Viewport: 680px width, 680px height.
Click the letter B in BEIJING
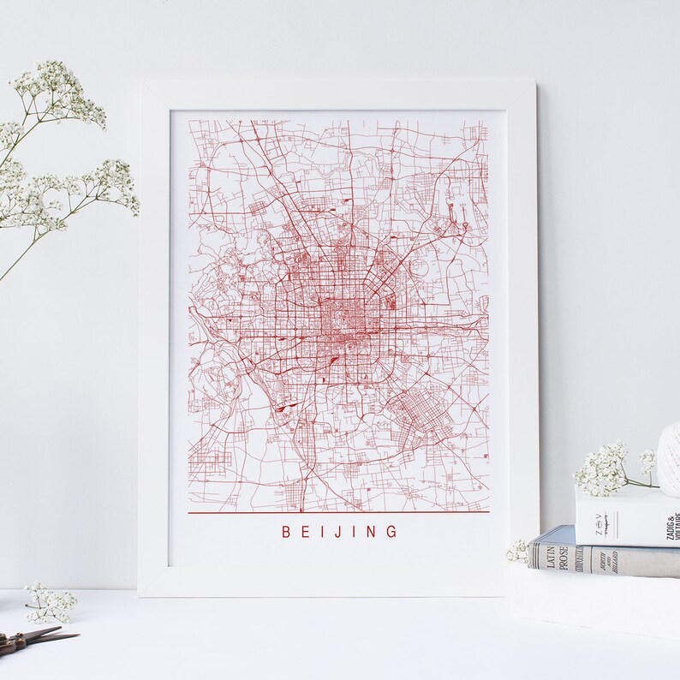(286, 532)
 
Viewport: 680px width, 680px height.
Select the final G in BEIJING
(392, 532)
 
